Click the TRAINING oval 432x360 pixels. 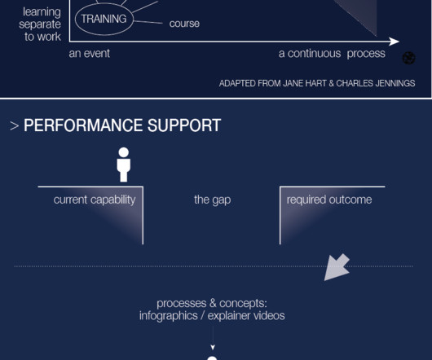(76, 20)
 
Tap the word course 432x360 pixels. (184, 24)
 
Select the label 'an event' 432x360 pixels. (90, 54)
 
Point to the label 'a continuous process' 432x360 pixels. (332, 54)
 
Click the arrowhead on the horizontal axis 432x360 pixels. (395, 42)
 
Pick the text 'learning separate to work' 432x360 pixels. (40, 24)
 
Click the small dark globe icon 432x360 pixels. (409, 58)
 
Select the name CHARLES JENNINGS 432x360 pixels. (376, 83)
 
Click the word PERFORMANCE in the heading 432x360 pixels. (83, 125)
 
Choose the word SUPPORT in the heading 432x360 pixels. (184, 125)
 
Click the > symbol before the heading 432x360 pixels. (14, 126)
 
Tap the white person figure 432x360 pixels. (124, 165)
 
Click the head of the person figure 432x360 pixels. (124, 152)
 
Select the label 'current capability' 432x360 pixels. (95, 200)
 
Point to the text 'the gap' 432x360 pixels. (213, 200)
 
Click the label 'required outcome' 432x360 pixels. (329, 200)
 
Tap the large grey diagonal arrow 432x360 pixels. (337, 267)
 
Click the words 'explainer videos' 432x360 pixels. (246, 316)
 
